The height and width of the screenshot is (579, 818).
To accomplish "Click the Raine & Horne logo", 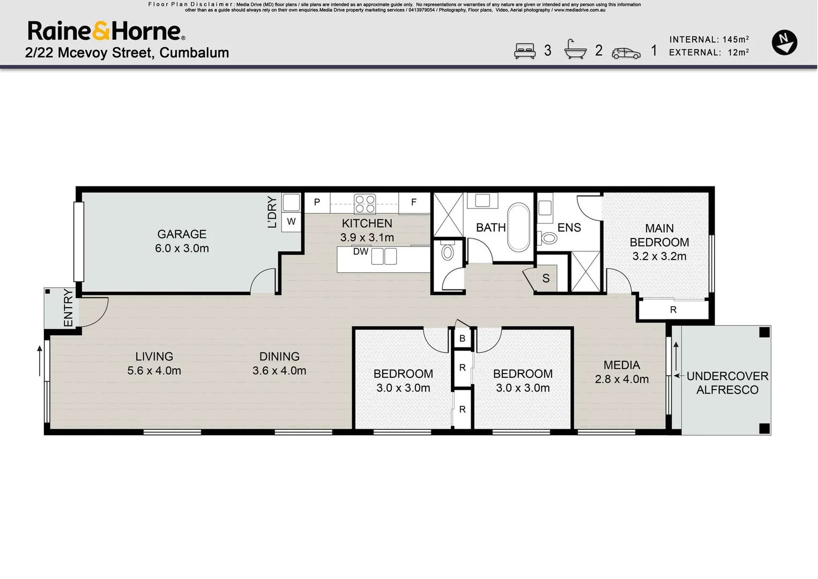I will pyautogui.click(x=106, y=31).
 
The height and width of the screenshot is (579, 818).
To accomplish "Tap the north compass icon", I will pyautogui.click(x=784, y=42).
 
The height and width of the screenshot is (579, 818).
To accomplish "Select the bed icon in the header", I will pyautogui.click(x=525, y=51).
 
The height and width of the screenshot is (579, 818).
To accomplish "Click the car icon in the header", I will pyautogui.click(x=626, y=53).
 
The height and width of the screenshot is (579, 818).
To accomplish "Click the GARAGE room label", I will pyautogui.click(x=182, y=234).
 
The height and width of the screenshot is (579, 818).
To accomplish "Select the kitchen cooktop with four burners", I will pyautogui.click(x=365, y=204).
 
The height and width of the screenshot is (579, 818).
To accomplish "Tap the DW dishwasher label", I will pyautogui.click(x=361, y=251).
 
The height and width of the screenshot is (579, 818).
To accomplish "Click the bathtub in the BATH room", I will pyautogui.click(x=518, y=227).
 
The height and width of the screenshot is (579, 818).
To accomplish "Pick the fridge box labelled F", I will pyautogui.click(x=414, y=203).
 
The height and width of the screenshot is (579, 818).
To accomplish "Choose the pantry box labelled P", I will pyautogui.click(x=317, y=203).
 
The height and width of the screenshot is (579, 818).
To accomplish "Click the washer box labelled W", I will pyautogui.click(x=291, y=221).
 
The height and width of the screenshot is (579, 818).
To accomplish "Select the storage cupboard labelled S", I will pyautogui.click(x=546, y=278).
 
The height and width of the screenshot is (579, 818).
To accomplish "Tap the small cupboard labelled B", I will pyautogui.click(x=462, y=339).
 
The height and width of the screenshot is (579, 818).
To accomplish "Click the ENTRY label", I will pyautogui.click(x=68, y=308).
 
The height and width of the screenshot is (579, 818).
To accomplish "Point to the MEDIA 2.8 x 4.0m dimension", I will pyautogui.click(x=622, y=380).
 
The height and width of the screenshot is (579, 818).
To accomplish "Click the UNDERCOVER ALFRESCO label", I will pyautogui.click(x=727, y=383).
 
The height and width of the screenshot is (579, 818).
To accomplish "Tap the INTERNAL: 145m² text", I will pyautogui.click(x=709, y=40).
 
